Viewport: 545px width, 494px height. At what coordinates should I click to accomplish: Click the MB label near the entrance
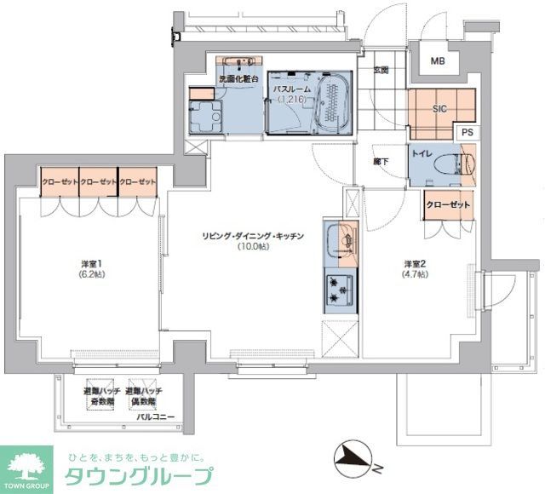click(x=437, y=61)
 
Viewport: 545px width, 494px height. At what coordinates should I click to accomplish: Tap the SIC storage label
click(x=439, y=109)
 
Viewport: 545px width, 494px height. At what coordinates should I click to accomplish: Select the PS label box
click(x=466, y=133)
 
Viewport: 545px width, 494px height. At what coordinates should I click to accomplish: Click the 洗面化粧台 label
click(x=239, y=79)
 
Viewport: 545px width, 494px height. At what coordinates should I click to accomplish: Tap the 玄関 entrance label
click(x=381, y=71)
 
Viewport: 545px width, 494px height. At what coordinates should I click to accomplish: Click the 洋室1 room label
click(x=90, y=269)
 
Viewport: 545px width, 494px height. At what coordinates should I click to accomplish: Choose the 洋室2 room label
click(x=416, y=268)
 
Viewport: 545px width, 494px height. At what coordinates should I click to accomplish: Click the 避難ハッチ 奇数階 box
click(x=99, y=395)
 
